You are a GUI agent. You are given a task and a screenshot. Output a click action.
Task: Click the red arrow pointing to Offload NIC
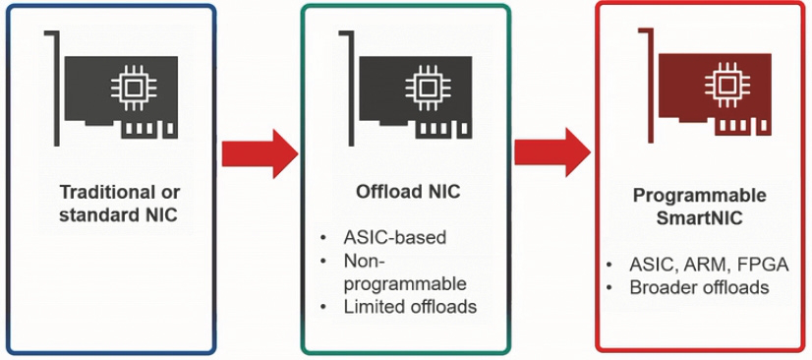259,152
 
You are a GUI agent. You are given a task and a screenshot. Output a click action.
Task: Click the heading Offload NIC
406,192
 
